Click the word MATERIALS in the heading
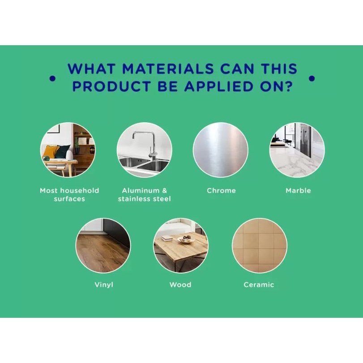point(168,69)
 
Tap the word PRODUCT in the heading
point(112,86)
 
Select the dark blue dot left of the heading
point(52,78)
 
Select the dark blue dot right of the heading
point(312,78)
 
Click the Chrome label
point(221,191)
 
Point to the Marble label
point(298,191)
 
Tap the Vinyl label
point(104,285)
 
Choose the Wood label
point(180,285)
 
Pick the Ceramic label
point(259,285)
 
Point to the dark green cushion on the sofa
point(62,152)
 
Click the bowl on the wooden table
point(186,239)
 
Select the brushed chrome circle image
point(220,150)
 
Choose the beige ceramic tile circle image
point(259,245)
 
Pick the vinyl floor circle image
point(103,245)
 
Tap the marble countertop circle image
point(297,150)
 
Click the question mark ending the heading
point(288,86)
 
